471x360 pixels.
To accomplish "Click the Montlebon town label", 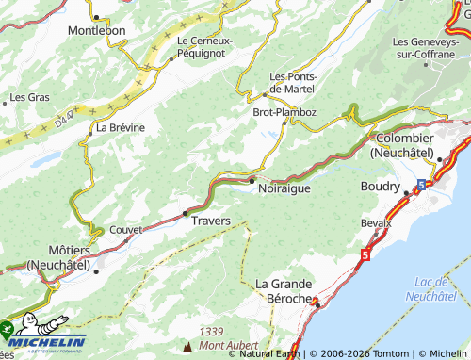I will tap(96, 30).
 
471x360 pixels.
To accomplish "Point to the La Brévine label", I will tap(120, 127).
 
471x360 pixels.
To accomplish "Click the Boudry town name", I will tap(381, 187).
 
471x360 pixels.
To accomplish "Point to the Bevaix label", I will tap(376, 222).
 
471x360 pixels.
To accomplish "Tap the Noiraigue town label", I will tap(283, 188).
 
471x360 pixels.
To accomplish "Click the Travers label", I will tap(210, 221).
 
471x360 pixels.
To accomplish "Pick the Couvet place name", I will tap(125, 229).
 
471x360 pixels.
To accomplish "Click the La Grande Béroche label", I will tap(284, 290).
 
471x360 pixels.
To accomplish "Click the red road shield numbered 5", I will tap(365, 255).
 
